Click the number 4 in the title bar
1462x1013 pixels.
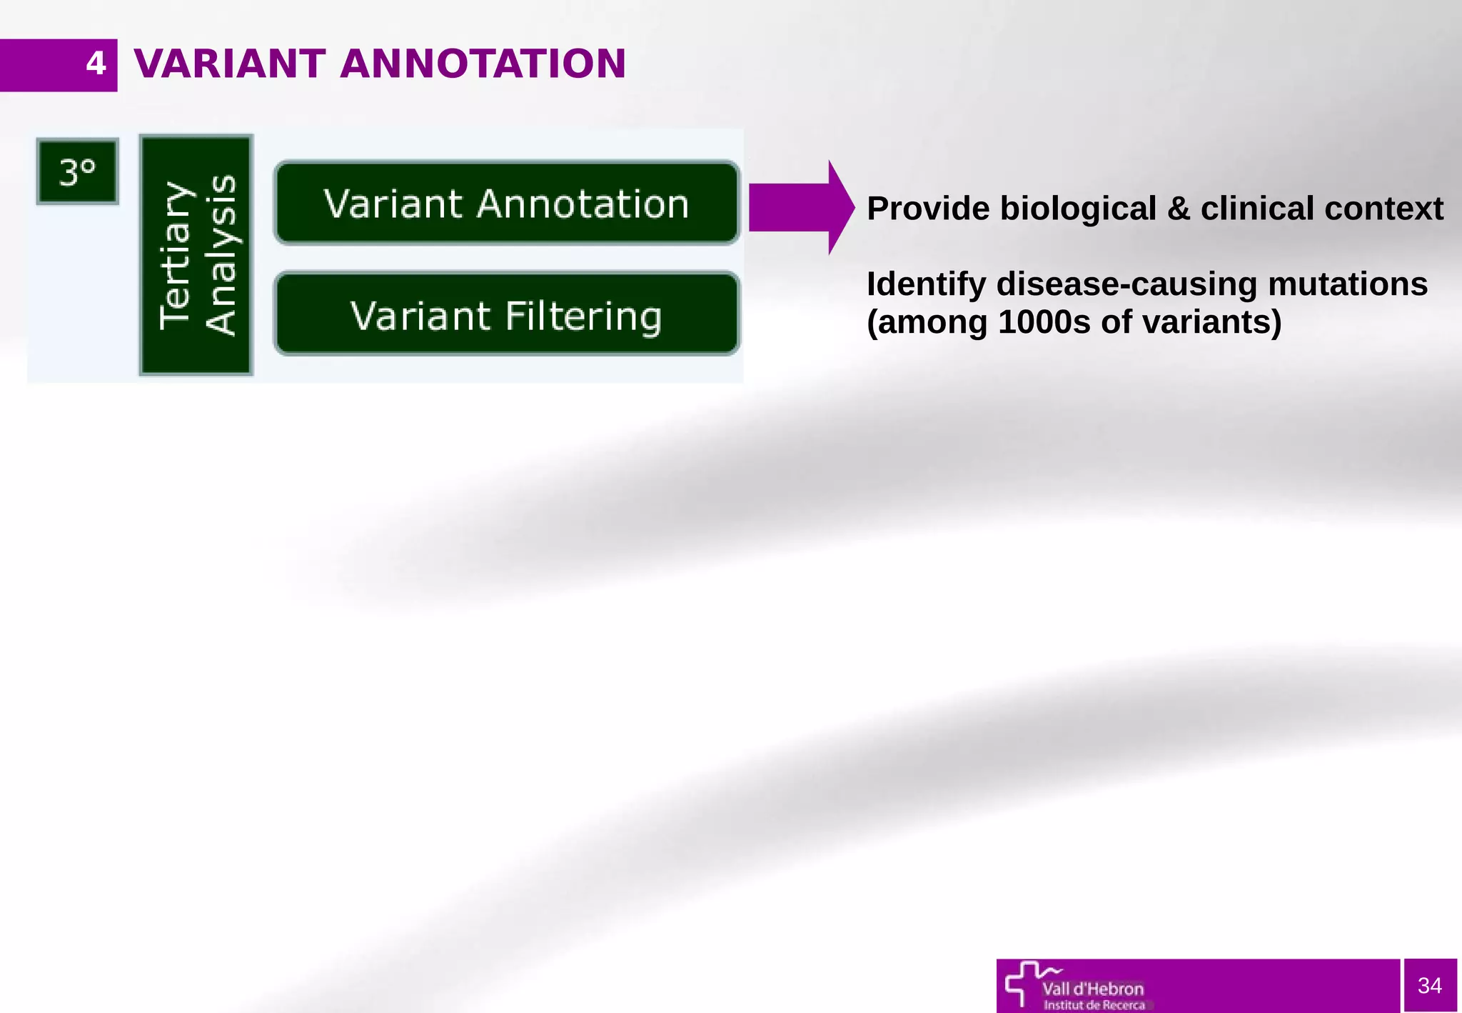(96, 64)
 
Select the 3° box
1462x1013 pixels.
(77, 171)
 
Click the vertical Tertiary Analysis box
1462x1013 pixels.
(196, 255)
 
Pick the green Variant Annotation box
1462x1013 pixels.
(506, 204)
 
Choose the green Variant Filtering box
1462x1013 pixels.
(506, 314)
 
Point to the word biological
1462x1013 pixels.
(1078, 209)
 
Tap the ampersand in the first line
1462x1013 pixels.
(1179, 209)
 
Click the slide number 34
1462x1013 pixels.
(1430, 986)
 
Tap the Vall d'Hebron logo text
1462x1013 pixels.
(1093, 989)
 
